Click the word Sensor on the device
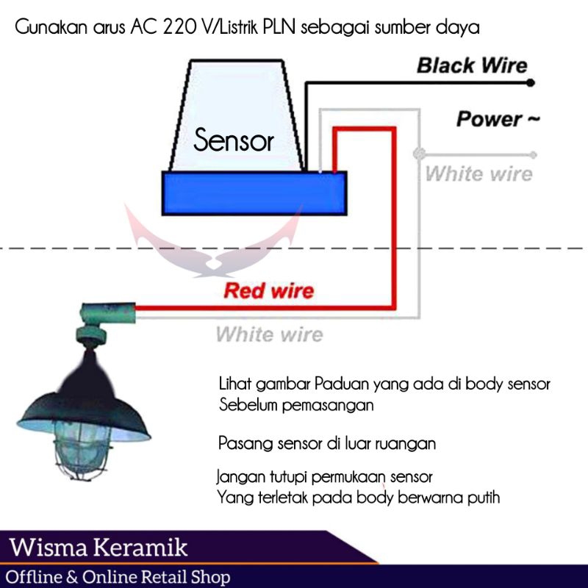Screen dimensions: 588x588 coord(234,140)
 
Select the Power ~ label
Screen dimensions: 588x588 coord(498,118)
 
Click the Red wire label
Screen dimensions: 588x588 coord(268,290)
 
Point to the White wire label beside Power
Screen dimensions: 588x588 coord(478,174)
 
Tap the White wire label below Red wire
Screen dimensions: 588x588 coord(269,335)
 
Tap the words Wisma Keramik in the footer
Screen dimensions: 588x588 coord(99,548)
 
